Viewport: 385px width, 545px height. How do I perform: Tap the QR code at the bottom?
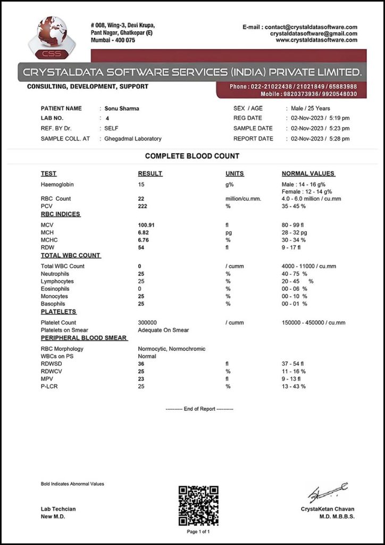tap(198, 505)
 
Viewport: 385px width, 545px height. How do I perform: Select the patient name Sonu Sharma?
tap(122, 109)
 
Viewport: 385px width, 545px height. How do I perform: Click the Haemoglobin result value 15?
tap(141, 184)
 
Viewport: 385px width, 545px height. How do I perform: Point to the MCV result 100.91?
tap(148, 225)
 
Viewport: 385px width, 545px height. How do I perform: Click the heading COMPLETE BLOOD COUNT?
tap(192, 156)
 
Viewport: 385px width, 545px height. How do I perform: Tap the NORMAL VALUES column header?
tap(308, 174)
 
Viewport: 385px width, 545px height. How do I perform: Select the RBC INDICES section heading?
tap(61, 214)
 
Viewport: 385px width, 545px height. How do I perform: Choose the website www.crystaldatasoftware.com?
tap(316, 40)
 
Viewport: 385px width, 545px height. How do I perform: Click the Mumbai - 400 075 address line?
tap(113, 40)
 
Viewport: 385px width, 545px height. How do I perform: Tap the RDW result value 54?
tap(141, 247)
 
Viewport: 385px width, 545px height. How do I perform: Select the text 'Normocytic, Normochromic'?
tap(171, 349)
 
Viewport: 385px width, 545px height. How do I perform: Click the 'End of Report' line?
tap(199, 409)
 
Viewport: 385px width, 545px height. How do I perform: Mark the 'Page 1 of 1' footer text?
tap(198, 532)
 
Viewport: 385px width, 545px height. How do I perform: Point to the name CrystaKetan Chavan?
tap(327, 509)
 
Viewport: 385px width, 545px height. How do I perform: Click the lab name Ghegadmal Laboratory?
tap(133, 139)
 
